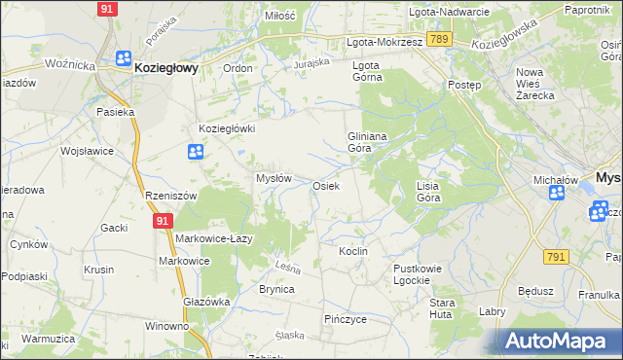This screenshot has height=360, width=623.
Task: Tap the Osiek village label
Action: [x=325, y=186]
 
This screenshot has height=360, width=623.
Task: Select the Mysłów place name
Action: [x=274, y=178]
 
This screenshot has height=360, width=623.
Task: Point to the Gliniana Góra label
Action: [x=368, y=143]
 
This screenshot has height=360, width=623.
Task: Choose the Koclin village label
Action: [x=352, y=251]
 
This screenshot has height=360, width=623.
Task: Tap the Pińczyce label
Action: [x=345, y=318]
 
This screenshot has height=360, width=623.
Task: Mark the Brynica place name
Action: [x=276, y=289]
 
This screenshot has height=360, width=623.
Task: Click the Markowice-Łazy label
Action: [x=214, y=238]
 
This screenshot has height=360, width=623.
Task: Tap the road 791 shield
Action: [x=556, y=256]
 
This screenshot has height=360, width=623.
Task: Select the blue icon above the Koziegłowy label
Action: [x=125, y=58]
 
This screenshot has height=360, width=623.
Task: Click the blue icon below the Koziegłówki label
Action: [x=196, y=151]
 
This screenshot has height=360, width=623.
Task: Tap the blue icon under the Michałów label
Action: [x=556, y=193]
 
